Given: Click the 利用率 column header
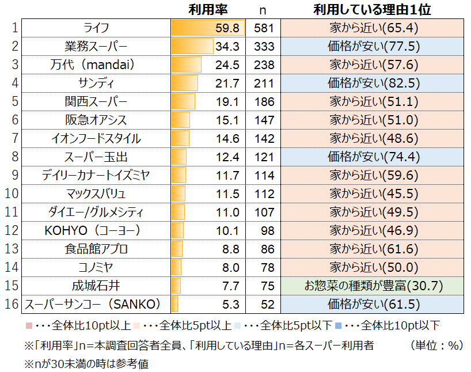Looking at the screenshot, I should [208, 10].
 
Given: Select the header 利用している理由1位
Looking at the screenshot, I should [372, 10].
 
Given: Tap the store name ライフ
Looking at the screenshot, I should [96, 28].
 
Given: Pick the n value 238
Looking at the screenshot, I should [264, 65].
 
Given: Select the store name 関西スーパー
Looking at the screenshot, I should [96, 102].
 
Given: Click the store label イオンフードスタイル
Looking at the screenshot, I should [96, 139].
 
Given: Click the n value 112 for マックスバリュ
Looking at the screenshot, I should [264, 194].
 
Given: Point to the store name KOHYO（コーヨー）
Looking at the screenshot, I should [96, 231].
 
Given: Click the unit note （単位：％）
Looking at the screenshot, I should [437, 346].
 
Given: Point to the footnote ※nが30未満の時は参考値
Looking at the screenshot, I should [86, 364].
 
